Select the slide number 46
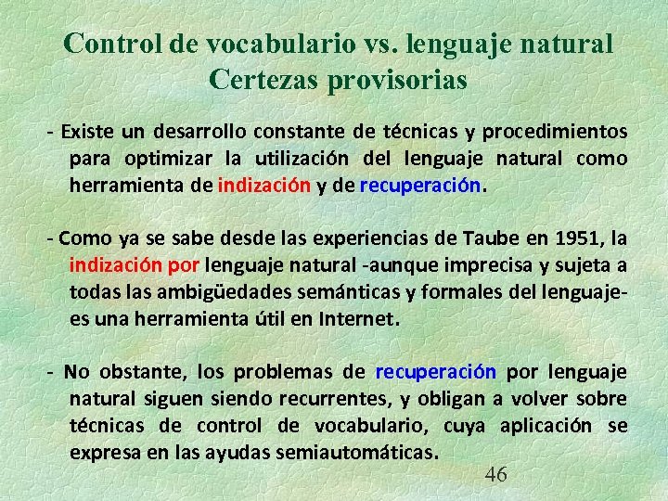pos(496,475)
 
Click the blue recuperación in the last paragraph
pos(436,372)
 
